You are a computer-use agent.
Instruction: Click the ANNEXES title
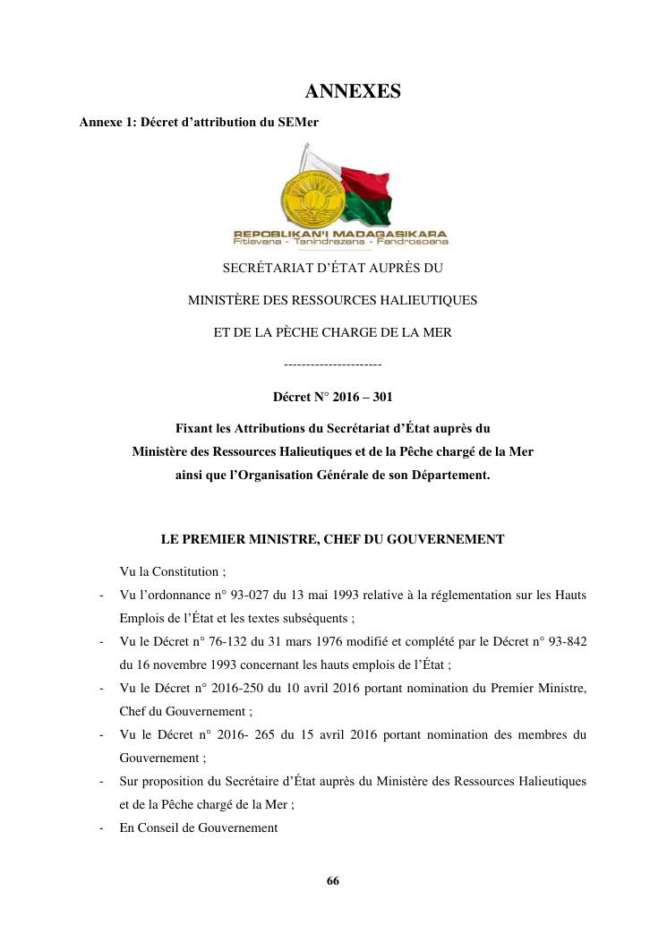tap(353, 91)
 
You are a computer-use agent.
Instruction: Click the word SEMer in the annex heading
tap(300, 122)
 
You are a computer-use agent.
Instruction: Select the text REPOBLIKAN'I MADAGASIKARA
tap(340, 233)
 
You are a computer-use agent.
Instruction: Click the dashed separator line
tap(332, 364)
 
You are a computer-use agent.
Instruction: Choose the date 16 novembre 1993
tap(191, 664)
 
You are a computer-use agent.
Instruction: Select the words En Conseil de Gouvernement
tap(199, 828)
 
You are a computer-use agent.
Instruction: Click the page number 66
tap(333, 880)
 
